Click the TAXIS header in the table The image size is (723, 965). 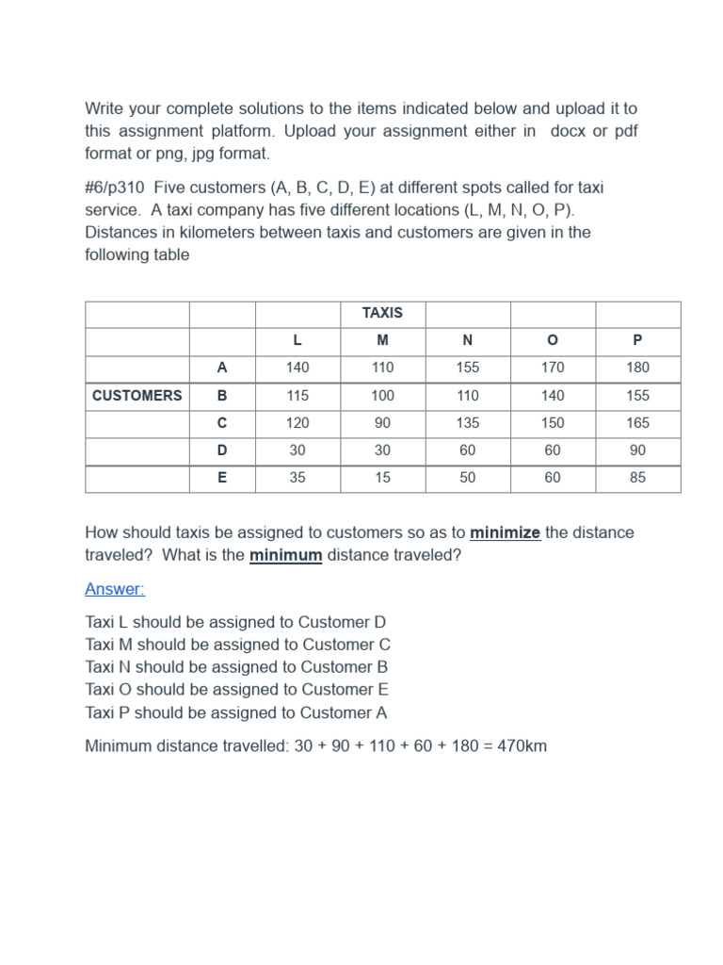pos(382,313)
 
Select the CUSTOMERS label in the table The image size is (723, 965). pos(137,396)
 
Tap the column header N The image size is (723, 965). pos(468,340)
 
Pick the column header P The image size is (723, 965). pos(637,340)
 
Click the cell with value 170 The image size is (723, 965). pos(553,368)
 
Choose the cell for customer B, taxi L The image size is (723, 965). pos(297,396)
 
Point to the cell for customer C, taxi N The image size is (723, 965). pos(468,423)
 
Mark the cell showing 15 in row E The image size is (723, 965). pos(382,478)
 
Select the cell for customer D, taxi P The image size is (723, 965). pos(637,450)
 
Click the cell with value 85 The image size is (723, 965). pos(637,478)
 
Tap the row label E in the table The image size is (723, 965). pos(222,478)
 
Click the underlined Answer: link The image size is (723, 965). pos(115,589)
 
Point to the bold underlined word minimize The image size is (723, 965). pos(506,532)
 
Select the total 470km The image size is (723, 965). pos(520,746)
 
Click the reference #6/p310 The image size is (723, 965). pos(115,188)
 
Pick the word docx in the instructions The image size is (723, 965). pos(570,131)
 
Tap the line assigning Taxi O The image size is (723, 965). pos(236,690)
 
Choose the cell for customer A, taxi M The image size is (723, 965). pos(382,368)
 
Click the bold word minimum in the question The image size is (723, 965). pos(286,555)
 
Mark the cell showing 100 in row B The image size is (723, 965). pos(382,396)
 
